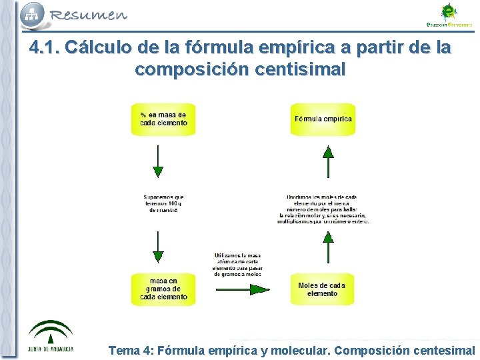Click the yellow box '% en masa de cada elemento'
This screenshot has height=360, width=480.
point(163,119)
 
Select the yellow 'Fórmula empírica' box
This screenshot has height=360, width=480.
point(323,119)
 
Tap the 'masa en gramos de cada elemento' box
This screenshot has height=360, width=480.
point(163,289)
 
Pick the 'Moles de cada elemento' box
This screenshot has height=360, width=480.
point(323,289)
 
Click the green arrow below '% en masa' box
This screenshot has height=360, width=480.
point(158,161)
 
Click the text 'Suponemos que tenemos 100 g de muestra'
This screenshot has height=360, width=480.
point(163,203)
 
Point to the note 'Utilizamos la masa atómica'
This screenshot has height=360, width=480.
point(237,265)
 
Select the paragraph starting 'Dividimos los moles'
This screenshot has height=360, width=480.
point(323,209)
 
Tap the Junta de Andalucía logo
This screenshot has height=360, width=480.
point(50,337)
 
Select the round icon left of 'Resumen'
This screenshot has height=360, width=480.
point(32,13)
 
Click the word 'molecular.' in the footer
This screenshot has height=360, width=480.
point(301,350)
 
